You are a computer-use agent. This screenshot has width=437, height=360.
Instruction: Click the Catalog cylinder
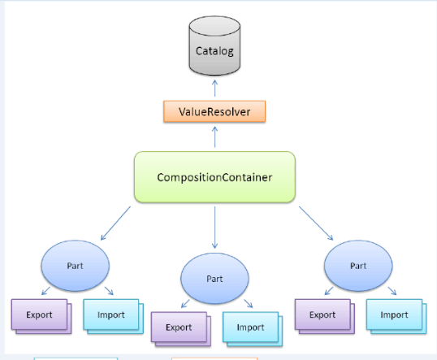[214, 46]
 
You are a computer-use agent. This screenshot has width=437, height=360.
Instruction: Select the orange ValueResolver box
[214, 111]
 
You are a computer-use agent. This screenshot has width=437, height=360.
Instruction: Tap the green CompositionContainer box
[214, 177]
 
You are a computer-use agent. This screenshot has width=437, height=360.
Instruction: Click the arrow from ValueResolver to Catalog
[214, 89]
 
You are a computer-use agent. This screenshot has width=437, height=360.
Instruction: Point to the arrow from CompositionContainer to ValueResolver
[214, 137]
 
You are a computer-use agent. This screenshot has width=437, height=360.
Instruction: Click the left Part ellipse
[76, 266]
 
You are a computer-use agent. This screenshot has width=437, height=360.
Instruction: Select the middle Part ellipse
[214, 279]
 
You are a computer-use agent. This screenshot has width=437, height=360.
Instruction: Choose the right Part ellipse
[358, 266]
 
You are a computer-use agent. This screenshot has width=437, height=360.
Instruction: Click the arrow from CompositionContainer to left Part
[115, 223]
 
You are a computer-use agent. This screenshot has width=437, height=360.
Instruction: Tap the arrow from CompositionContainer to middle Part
[214, 228]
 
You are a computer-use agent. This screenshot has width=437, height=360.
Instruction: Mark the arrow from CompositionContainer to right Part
[316, 223]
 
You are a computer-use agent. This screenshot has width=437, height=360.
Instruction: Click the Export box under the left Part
[41, 316]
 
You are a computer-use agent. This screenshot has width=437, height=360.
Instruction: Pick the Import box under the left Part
[114, 316]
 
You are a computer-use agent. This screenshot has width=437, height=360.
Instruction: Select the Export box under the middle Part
[181, 329]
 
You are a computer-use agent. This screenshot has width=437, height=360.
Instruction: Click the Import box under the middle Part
[253, 329]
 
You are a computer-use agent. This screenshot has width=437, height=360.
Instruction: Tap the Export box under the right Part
[325, 316]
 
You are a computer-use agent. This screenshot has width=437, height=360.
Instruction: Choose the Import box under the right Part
[396, 316]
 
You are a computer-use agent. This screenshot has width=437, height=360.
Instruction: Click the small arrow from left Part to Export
[45, 291]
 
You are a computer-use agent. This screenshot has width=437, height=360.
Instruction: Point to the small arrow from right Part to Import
[392, 291]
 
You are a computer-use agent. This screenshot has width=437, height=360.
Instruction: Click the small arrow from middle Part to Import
[249, 303]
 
